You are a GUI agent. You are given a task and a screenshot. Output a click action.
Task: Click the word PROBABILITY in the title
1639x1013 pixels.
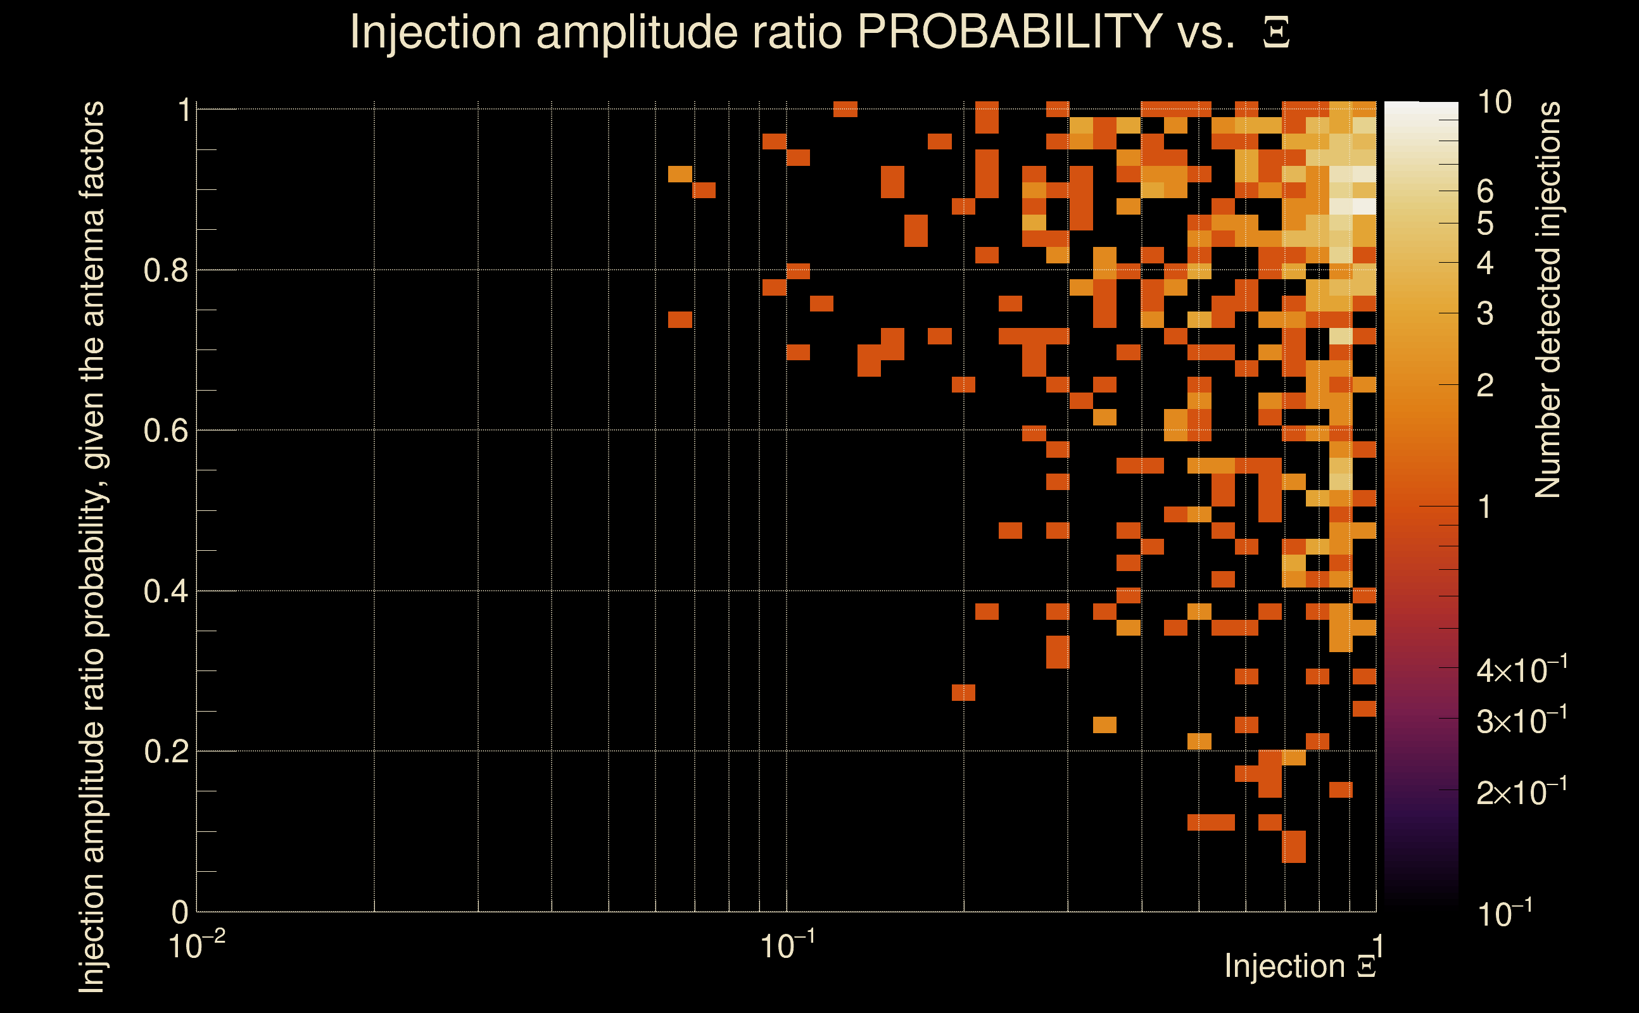tap(1009, 32)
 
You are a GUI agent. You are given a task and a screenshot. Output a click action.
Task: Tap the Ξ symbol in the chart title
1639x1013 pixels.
tap(1276, 33)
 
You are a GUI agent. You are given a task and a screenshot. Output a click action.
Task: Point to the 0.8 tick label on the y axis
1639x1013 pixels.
tap(165, 271)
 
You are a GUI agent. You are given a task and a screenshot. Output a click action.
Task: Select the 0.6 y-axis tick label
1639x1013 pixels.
tap(165, 431)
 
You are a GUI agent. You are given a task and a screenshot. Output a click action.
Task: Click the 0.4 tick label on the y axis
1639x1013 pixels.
tap(165, 591)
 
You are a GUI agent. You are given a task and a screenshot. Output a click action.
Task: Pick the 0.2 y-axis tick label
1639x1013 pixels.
tap(165, 752)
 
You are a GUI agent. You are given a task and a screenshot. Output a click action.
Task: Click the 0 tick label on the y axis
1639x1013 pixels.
tap(180, 912)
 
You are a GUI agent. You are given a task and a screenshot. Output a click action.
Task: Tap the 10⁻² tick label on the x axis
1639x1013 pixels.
tap(196, 945)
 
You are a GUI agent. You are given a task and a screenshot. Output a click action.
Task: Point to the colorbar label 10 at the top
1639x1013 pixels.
tap(1494, 103)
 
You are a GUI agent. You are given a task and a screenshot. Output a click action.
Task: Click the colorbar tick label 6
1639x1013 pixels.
tap(1485, 192)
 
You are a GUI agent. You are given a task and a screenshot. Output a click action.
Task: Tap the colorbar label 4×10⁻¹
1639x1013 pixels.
tap(1522, 670)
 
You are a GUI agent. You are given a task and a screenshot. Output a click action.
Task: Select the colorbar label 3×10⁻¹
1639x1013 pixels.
tap(1522, 721)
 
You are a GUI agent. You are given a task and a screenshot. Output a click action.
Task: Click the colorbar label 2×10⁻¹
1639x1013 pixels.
tap(1522, 793)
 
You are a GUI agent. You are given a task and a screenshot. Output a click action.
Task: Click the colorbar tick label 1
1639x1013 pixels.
tap(1485, 507)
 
